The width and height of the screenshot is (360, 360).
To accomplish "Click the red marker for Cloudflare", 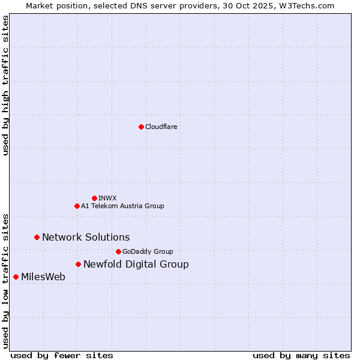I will point(141,127).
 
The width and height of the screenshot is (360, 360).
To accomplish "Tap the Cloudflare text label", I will point(161,127).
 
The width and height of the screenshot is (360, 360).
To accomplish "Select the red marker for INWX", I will point(94,198).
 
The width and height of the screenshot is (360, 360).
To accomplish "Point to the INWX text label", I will point(107,198).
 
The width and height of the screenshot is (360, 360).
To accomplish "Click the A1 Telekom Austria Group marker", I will point(77,206).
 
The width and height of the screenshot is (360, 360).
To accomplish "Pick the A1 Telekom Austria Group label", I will point(122,206).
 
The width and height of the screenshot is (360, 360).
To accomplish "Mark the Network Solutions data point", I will point(37,237).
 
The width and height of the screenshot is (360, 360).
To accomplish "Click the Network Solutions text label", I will point(86,237).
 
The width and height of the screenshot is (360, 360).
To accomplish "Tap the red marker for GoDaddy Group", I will point(118,251).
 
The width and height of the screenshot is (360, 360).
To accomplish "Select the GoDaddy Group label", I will point(148,251).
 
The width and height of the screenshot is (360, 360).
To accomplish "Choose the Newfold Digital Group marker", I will point(78,264).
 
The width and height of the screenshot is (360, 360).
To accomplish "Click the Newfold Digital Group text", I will point(136,264).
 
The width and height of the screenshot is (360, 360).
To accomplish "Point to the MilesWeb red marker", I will point(16,277).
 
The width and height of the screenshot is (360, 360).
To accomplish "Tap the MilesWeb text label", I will point(43,277).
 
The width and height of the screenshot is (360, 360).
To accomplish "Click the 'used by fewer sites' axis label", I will point(62,355).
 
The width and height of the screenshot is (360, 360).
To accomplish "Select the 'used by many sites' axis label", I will point(301,355).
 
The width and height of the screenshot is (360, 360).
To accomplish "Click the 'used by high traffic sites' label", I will point(5,85).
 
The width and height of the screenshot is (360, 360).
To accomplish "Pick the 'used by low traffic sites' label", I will point(5,280).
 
